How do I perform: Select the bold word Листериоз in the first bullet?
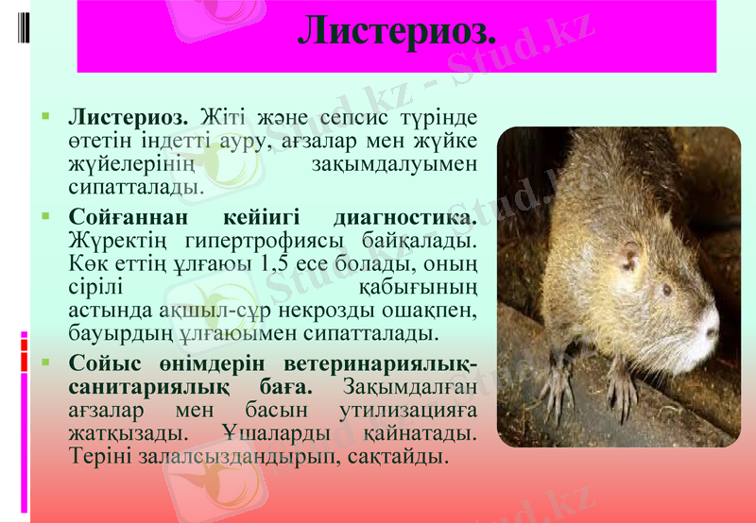pos(128,119)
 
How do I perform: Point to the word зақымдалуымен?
pos(394,163)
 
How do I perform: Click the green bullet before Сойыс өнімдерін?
pos(45,362)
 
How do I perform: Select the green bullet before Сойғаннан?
pos(45,216)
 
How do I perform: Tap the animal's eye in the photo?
pos(666,290)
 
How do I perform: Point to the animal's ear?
pos(628,256)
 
